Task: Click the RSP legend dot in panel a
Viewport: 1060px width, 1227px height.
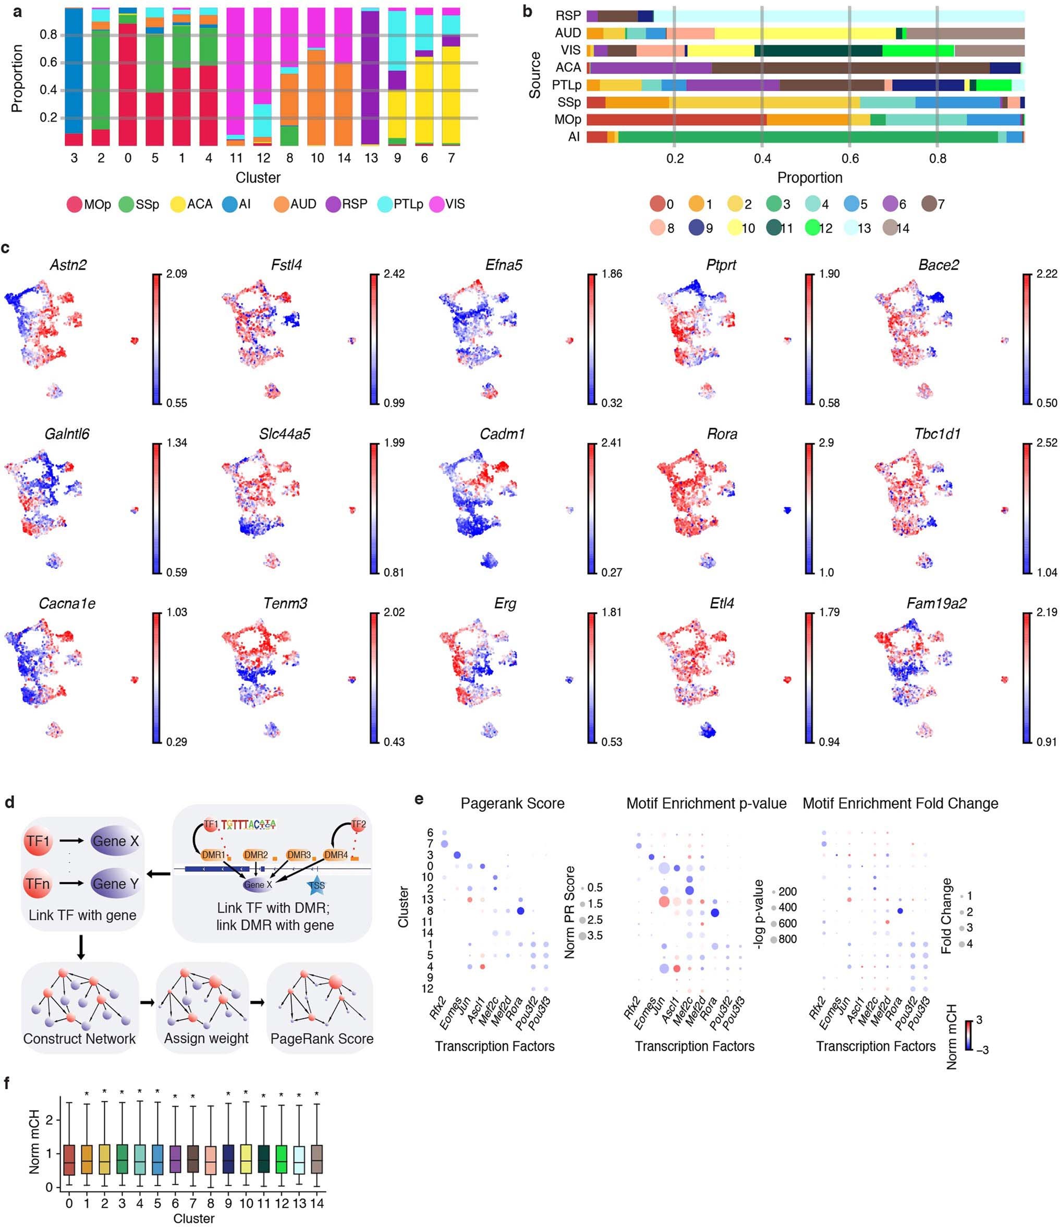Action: pos(333,205)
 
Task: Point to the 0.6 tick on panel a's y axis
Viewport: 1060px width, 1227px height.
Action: pos(48,63)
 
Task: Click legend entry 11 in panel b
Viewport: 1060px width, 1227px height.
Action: pos(773,228)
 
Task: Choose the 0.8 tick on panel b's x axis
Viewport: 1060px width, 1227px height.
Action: pos(937,159)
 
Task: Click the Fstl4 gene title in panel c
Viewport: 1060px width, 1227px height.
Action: pos(286,265)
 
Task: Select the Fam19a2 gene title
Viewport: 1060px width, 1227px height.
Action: pos(936,604)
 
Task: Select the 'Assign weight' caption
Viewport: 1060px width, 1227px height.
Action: pos(206,1039)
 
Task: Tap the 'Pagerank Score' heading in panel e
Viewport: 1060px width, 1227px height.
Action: pos(512,804)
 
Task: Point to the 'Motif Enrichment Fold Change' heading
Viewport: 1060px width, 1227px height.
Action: pos(899,804)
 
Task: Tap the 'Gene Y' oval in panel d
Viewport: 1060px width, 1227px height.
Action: pos(115,884)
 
